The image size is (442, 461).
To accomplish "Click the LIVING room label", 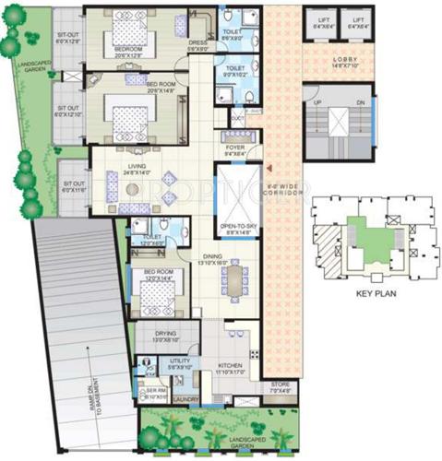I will point(137,166).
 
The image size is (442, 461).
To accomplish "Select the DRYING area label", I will point(166,334).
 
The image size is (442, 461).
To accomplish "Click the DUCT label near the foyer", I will point(237,118).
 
